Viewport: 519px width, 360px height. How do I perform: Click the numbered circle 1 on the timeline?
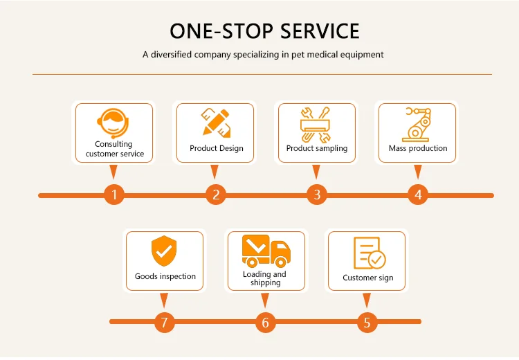pos(115,195)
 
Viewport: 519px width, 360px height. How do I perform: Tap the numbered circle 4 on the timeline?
pos(417,195)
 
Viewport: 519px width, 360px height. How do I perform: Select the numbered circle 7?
pos(165,323)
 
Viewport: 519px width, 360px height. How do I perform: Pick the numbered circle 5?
pos(367,323)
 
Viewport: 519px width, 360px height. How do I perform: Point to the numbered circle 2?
pos(216,195)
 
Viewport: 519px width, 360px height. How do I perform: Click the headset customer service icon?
pos(113,123)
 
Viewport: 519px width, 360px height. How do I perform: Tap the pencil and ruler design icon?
pos(216,123)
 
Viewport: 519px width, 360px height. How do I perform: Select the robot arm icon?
pos(417,123)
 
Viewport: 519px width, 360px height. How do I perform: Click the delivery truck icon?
pos(265,251)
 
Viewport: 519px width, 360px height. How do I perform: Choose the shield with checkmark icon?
pos(165,251)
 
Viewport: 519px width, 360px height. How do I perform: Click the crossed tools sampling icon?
pos(316,123)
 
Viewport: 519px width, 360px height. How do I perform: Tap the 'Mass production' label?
pos(418,148)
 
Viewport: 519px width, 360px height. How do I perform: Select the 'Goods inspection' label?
pos(165,277)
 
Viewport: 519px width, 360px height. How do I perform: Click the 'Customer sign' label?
pos(368,278)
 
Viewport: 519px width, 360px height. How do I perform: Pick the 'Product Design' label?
pos(217,148)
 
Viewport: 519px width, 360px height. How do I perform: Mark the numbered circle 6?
pos(266,323)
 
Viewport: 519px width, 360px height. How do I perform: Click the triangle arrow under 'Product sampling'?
pos(316,171)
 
